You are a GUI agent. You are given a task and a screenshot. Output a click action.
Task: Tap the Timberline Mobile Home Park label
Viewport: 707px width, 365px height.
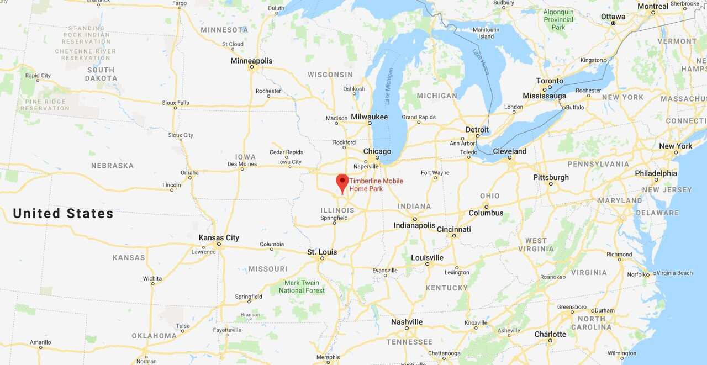pyautogui.click(x=376, y=185)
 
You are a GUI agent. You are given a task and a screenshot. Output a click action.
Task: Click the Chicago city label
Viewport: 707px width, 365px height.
pyautogui.click(x=377, y=151)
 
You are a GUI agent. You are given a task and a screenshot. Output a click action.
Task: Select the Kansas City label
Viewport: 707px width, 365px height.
pyautogui.click(x=219, y=237)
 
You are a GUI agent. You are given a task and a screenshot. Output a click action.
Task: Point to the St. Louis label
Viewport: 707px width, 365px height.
pyautogui.click(x=322, y=252)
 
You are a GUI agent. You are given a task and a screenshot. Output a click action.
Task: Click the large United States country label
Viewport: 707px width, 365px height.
pyautogui.click(x=63, y=214)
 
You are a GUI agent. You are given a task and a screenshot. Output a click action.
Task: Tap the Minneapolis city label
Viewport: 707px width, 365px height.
pyautogui.click(x=251, y=61)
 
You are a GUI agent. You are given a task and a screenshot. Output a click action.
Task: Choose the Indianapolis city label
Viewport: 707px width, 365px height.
pyautogui.click(x=414, y=225)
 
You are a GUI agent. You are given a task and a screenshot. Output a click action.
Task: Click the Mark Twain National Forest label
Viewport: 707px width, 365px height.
pyautogui.click(x=302, y=287)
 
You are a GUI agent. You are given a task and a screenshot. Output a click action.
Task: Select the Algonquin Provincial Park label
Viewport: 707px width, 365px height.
pyautogui.click(x=558, y=19)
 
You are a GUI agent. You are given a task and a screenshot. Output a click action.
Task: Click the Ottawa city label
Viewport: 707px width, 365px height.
pyautogui.click(x=613, y=17)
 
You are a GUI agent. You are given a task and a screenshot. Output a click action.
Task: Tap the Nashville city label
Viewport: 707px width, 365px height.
pyautogui.click(x=407, y=322)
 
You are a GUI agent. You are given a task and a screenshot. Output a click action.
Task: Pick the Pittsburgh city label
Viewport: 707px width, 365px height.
pyautogui.click(x=551, y=177)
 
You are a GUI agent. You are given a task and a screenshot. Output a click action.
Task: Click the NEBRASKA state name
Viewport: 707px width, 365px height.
pyautogui.click(x=112, y=166)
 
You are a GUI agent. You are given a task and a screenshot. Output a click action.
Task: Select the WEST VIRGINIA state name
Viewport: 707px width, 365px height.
pyautogui.click(x=536, y=245)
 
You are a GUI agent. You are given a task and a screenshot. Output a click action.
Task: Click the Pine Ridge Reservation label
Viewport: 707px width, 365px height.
pyautogui.click(x=45, y=105)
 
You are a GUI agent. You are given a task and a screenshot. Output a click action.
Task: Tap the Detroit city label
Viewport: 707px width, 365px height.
pyautogui.click(x=477, y=130)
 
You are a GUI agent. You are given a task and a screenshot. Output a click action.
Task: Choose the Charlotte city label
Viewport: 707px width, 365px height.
pyautogui.click(x=550, y=334)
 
